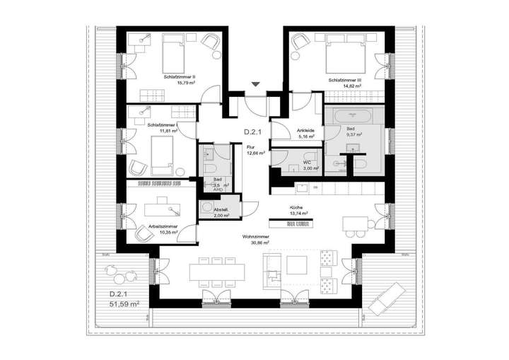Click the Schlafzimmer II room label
180,77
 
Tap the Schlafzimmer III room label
344,81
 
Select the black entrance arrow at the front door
256,86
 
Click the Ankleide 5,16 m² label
305,134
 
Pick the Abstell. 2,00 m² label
221,212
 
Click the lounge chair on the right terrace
388,291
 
